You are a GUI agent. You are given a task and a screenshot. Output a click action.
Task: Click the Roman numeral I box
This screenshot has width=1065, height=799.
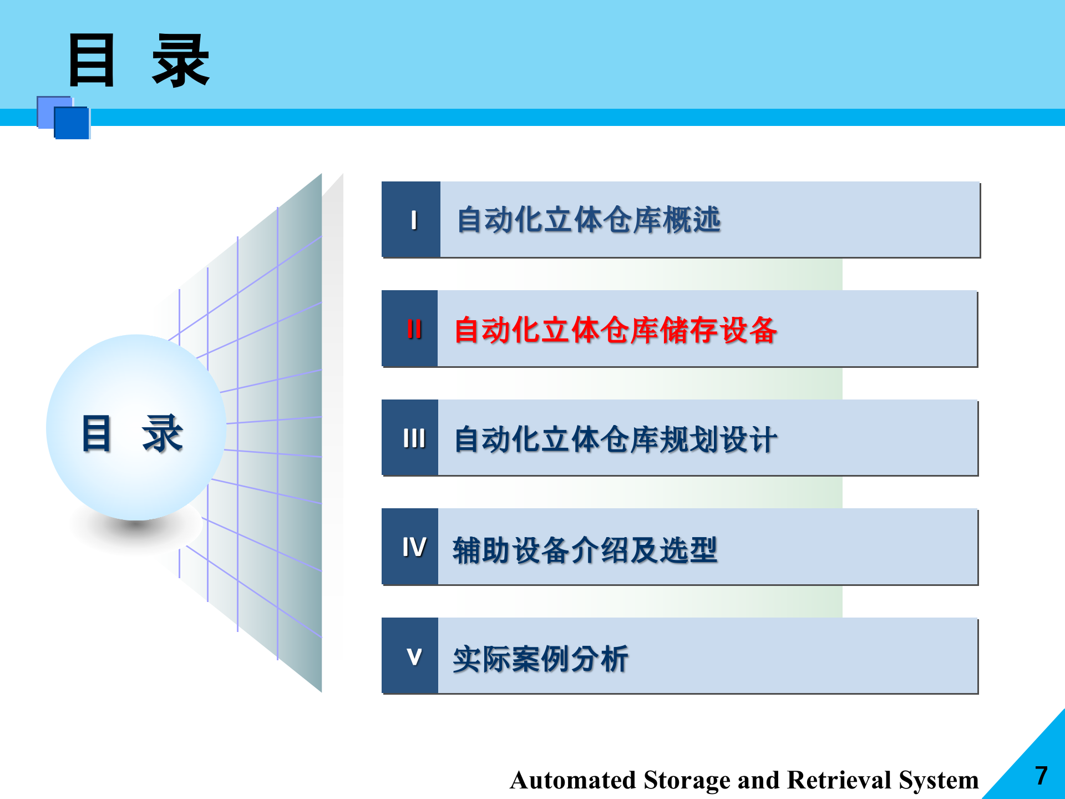[411, 220]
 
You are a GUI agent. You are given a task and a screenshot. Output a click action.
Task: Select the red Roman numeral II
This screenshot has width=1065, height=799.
[414, 329]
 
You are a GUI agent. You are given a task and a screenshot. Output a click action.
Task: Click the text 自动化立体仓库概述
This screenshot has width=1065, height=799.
[589, 220]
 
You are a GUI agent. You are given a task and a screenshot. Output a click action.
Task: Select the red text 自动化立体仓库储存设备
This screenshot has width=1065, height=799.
[615, 330]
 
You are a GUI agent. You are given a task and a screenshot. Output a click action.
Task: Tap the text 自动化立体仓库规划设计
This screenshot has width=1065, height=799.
[615, 439]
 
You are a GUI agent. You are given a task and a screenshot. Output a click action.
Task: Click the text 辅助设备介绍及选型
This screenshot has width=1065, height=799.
[585, 549]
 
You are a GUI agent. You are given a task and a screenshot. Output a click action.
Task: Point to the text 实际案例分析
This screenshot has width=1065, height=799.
[540, 659]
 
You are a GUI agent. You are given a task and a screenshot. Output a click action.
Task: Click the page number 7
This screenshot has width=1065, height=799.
[1041, 776]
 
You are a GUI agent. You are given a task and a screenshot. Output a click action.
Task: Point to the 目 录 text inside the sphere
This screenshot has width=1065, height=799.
[132, 433]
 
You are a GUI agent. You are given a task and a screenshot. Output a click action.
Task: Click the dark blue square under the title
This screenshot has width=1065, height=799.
[72, 123]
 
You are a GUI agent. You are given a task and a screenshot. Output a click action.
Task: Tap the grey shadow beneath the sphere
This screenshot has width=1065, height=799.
[136, 530]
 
